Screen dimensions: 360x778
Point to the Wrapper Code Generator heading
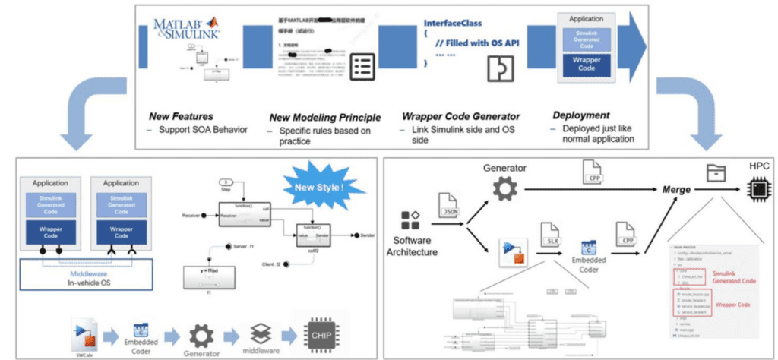coord(461,118)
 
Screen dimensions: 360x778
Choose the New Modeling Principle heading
coord(326,118)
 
